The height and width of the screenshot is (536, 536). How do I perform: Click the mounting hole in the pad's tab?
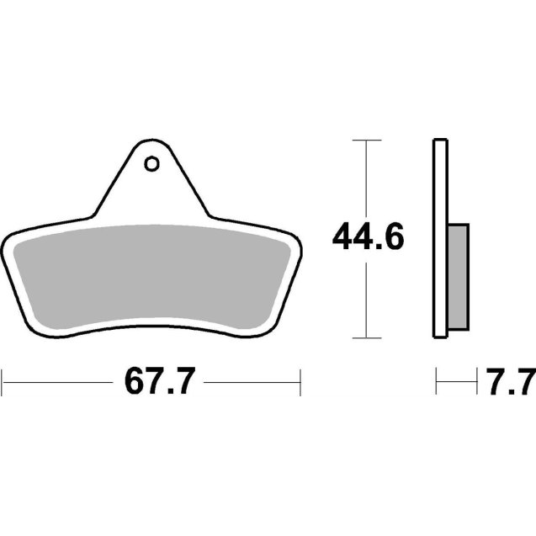pos(151,163)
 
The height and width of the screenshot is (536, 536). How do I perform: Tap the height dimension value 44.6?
pos(369,238)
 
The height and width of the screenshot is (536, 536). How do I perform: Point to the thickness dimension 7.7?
pos(506,383)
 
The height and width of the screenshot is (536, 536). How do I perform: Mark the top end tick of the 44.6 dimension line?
pos(364,140)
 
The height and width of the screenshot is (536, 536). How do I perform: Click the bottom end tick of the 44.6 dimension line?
pos(364,338)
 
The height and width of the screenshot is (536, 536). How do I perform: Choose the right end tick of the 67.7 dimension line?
pos(300,383)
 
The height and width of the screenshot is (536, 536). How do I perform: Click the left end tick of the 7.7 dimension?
pos(436,383)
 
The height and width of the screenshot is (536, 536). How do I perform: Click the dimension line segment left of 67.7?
pos(59,383)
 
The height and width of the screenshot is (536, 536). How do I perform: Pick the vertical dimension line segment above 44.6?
pos(364,177)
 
